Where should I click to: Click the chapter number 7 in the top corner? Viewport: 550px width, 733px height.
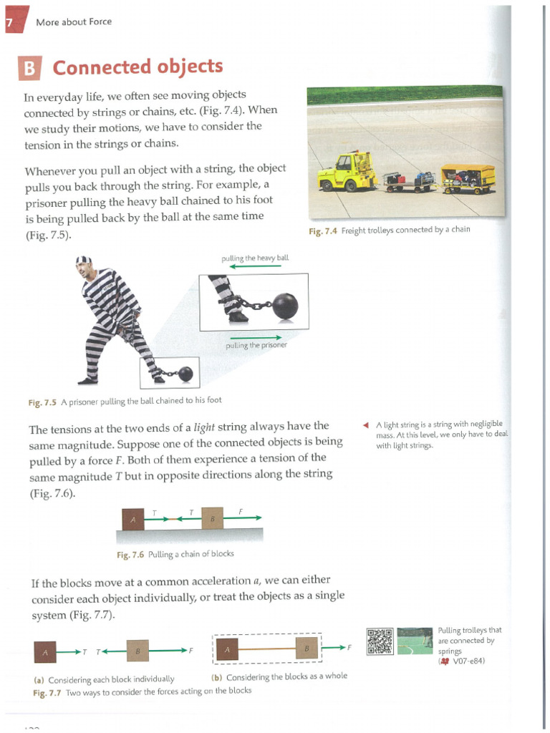coord(9,22)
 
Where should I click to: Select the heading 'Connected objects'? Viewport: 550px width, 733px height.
coord(137,67)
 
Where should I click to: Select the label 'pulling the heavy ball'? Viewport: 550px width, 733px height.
coord(256,257)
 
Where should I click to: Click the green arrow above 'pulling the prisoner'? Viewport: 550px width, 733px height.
coord(254,336)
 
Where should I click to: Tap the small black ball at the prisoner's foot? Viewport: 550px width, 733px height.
coord(185,373)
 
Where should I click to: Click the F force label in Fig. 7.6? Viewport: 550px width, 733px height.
coord(241,511)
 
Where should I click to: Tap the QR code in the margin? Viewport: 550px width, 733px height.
coord(380,641)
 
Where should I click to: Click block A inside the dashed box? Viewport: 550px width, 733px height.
coord(227,649)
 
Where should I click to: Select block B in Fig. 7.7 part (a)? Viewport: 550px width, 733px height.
coord(137,651)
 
